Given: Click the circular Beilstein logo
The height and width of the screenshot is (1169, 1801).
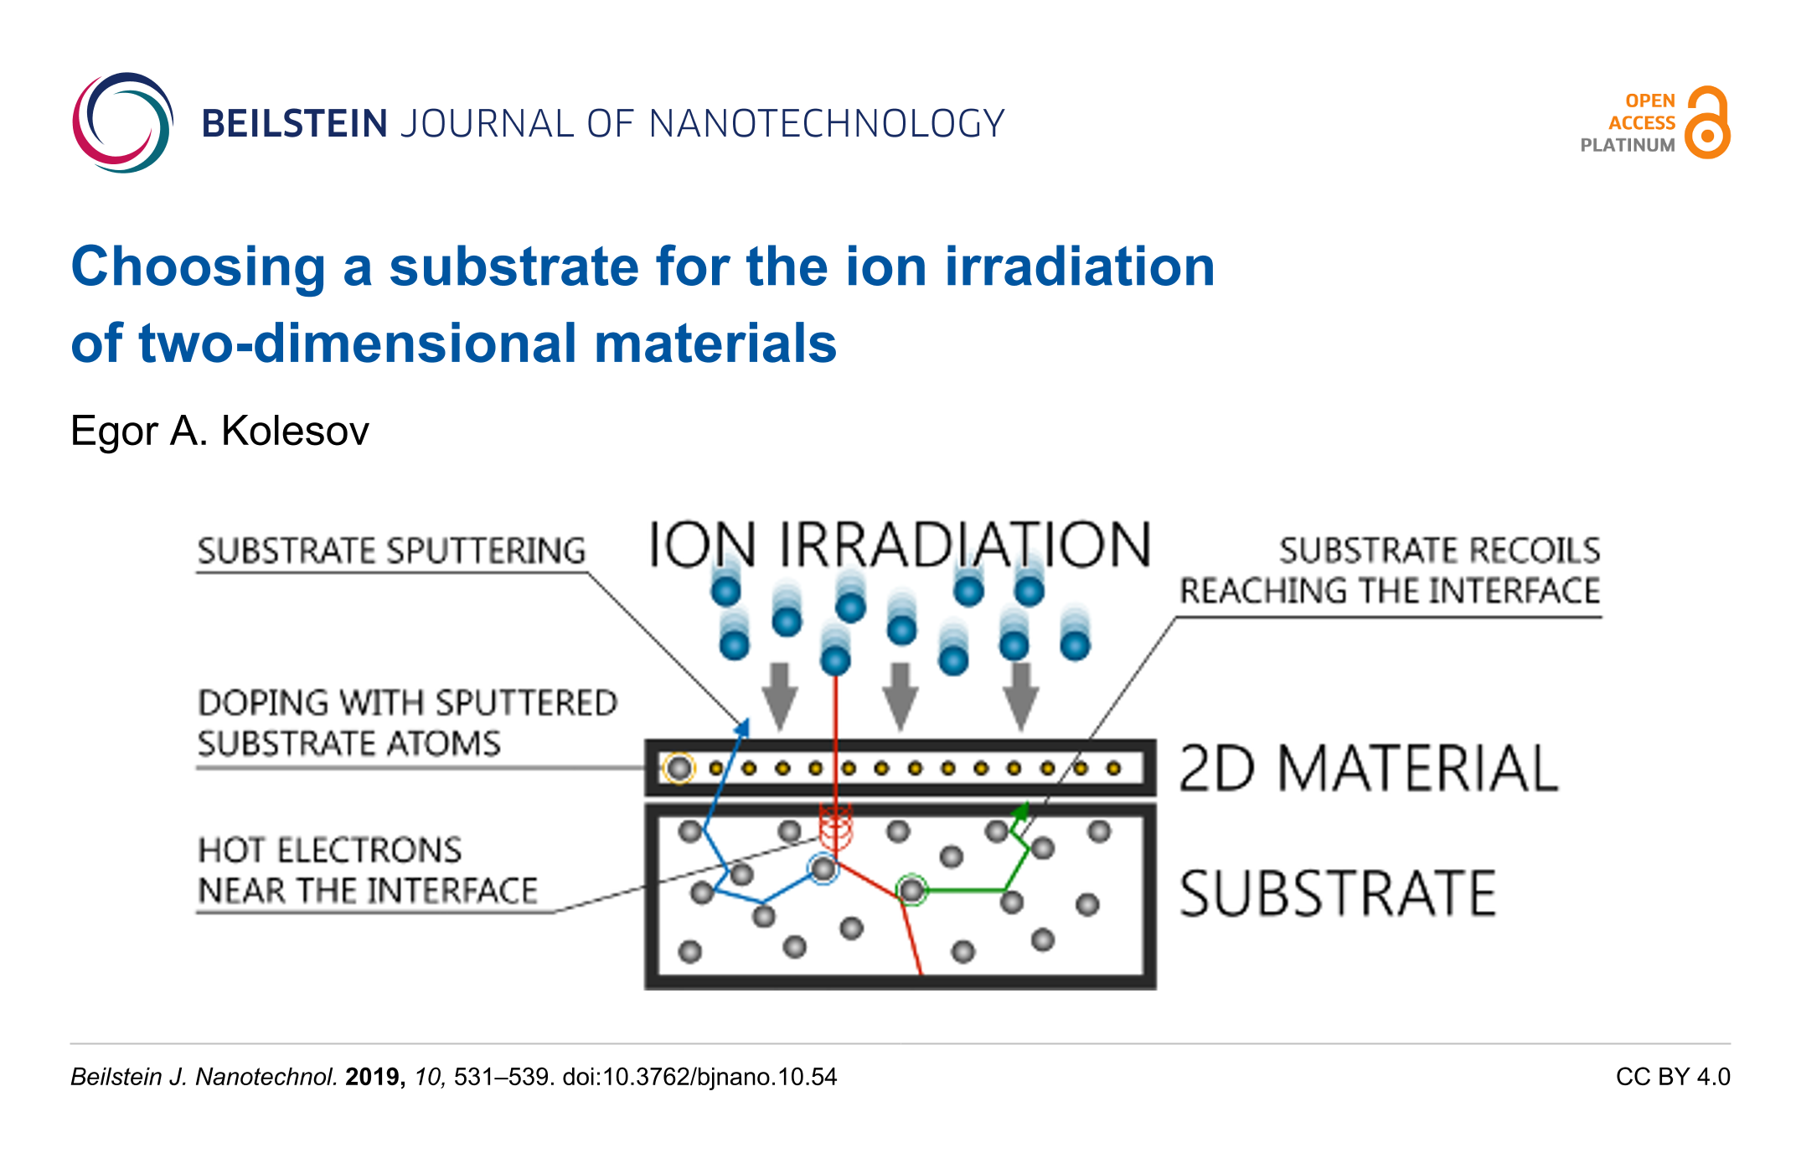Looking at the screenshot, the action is pos(123,122).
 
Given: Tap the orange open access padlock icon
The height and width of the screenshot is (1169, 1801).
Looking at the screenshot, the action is pos(1707,122).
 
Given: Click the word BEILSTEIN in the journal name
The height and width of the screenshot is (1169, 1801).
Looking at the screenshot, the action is pos(294,124).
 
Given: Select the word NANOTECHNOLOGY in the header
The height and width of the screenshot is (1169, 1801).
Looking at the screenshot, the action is pos(827,124).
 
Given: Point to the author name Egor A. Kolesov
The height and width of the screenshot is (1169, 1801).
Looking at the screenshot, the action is pos(219,431).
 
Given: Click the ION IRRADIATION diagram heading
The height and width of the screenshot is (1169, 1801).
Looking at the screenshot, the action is pos(900,545).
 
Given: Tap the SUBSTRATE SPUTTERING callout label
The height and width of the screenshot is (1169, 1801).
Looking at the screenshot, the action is pos(391,551).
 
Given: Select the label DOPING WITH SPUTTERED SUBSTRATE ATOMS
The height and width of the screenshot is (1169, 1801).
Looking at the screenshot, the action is pos(407,723).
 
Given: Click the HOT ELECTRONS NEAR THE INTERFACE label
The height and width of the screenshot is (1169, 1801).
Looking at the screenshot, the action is pos(368,870).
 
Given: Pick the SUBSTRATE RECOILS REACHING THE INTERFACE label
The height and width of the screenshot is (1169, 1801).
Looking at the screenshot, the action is pos(1391,571).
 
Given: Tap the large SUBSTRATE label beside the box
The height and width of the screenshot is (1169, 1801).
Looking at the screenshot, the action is pos(1338,893).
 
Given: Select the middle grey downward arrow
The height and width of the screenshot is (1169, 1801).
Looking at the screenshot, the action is pos(900,696).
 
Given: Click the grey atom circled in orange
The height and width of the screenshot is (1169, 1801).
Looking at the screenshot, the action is pos(679,768).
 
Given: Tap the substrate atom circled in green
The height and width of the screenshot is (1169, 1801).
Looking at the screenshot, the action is pos(911,889).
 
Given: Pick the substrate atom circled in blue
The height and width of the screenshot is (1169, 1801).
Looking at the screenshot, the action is pos(823,868).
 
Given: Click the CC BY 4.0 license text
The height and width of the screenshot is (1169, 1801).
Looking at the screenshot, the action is pos(1673,1077).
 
